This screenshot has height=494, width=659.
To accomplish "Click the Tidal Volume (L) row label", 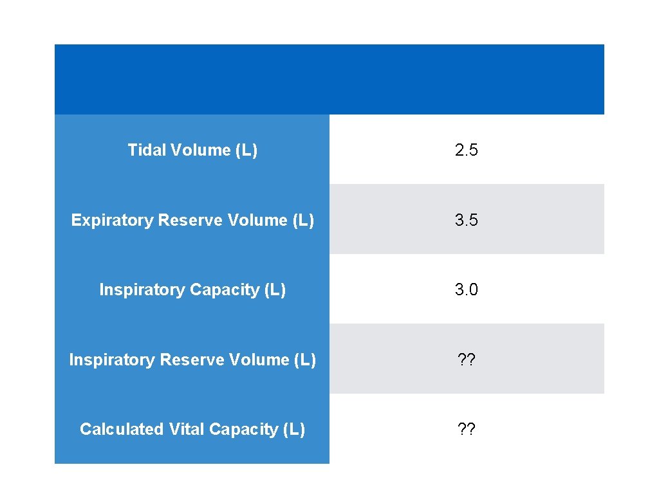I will tap(192, 151).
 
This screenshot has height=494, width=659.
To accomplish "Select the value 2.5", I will tap(466, 151).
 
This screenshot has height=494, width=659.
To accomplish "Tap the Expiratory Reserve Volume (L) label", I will tap(192, 220).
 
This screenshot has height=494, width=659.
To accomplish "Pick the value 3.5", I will tap(466, 220).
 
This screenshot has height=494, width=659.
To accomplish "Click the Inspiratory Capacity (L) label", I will tap(192, 290).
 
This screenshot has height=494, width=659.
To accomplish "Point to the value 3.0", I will tap(466, 290).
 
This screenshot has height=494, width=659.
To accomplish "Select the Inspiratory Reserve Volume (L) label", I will tap(192, 360).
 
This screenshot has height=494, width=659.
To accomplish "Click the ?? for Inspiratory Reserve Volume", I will tap(466, 360).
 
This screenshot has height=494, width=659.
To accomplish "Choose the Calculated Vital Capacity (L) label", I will tap(192, 429).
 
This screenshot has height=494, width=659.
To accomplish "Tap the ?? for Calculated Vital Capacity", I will tap(466, 429).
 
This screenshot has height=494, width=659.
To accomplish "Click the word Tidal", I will tap(143, 151).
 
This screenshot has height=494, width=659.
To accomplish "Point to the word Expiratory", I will tap(112, 220).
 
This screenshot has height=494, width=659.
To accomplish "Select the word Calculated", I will tap(122, 429).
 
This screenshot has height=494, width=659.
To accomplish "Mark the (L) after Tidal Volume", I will tap(246, 151).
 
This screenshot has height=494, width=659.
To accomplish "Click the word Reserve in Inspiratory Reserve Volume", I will tap(190, 360).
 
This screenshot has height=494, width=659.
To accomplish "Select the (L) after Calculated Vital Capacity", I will tap(293, 429).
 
